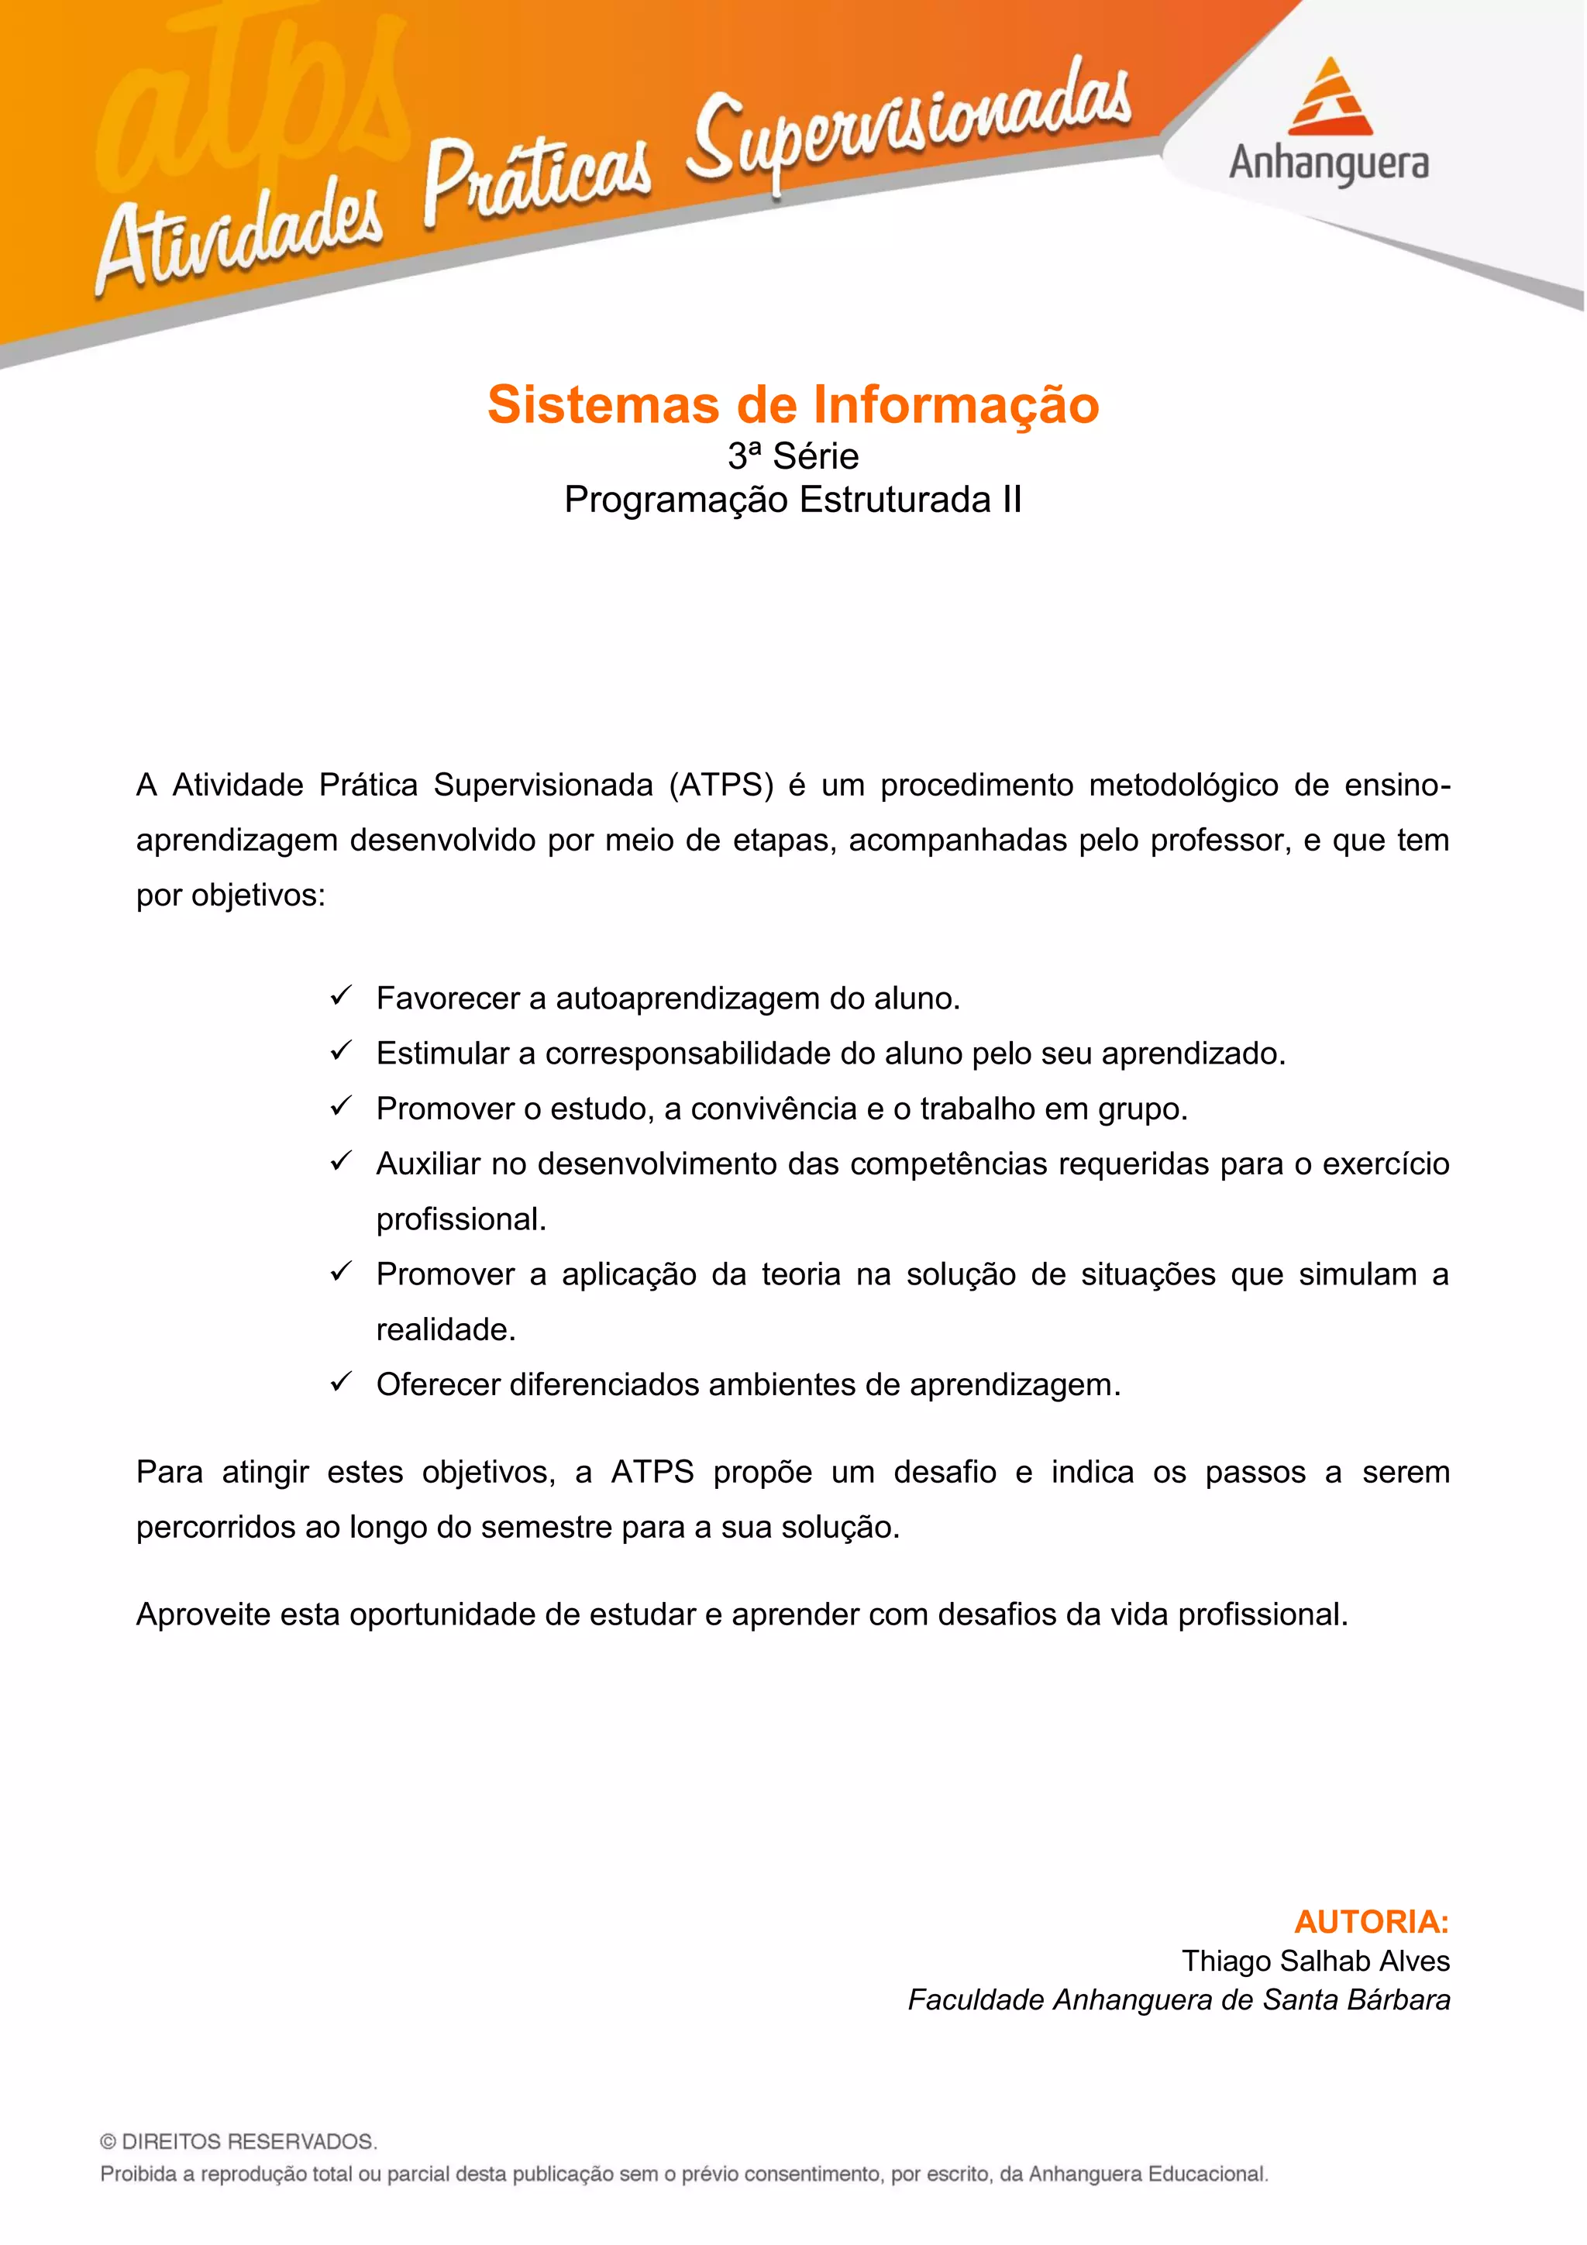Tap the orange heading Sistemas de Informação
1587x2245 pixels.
tap(793, 405)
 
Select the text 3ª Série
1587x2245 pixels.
tap(793, 456)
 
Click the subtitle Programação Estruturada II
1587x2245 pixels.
tap(793, 500)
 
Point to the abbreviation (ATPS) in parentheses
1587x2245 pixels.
tap(721, 786)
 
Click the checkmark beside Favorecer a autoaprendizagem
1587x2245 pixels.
tap(340, 996)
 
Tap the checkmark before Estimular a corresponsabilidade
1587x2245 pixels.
tap(340, 1051)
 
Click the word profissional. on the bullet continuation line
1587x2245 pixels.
tap(460, 1219)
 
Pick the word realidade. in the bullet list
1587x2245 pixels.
tap(446, 1330)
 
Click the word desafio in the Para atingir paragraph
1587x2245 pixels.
tap(945, 1473)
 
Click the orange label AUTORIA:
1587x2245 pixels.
tap(1371, 1922)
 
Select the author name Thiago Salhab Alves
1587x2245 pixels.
tap(1315, 1961)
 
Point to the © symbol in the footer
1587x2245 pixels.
tap(108, 2142)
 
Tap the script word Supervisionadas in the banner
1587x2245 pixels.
tap(910, 127)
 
